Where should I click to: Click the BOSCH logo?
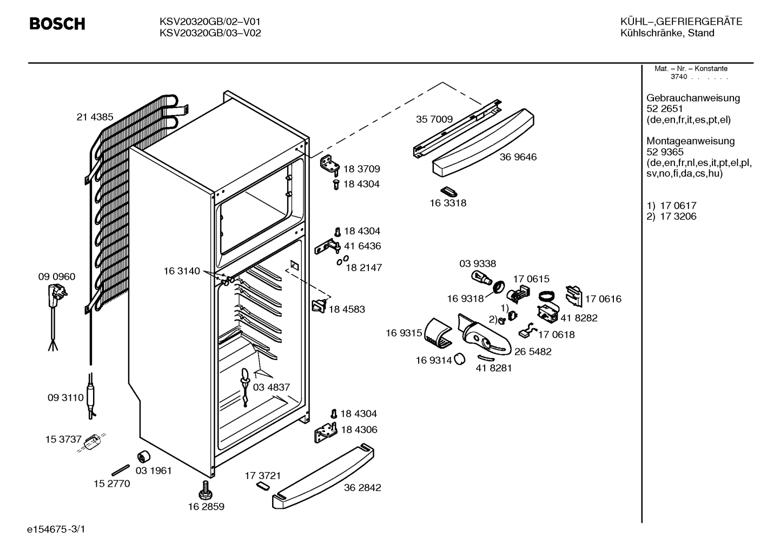click(57, 24)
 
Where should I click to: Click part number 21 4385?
click(95, 117)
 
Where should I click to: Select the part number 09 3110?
click(65, 397)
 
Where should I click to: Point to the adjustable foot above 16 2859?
click(205, 490)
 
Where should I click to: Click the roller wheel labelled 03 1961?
click(144, 456)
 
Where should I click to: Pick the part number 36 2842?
click(362, 488)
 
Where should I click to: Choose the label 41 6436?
click(362, 246)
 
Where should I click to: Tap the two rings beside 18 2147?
click(342, 260)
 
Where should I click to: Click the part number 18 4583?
click(347, 309)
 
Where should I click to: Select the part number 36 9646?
click(518, 157)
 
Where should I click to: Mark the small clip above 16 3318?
click(449, 192)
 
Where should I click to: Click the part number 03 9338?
click(478, 264)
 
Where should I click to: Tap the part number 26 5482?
click(533, 352)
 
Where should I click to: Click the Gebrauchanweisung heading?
click(693, 98)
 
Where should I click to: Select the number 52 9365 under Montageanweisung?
click(665, 152)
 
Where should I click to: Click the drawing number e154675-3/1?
click(56, 529)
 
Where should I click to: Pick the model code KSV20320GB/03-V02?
click(210, 33)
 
